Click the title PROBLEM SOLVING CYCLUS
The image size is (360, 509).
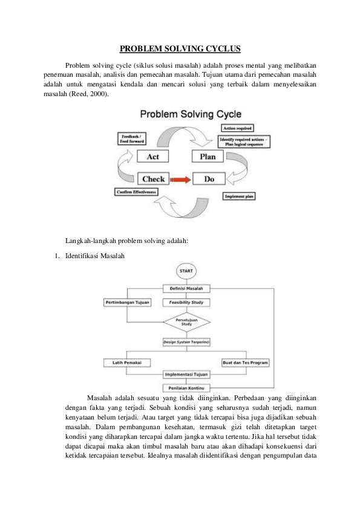[180, 48]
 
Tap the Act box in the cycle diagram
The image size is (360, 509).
[153, 156]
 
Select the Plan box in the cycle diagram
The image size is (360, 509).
[208, 156]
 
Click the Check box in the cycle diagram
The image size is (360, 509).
[153, 179]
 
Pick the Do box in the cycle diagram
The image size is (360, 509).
[209, 179]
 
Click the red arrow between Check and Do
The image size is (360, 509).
[180, 180]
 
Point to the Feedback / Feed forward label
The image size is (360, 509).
[131, 138]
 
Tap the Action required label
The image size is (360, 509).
[238, 128]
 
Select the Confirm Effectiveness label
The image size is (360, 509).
[136, 192]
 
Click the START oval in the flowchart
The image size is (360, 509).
[186, 271]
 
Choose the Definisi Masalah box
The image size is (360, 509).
[186, 289]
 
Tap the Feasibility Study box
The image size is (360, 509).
[186, 302]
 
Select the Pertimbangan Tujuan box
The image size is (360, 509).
[128, 302]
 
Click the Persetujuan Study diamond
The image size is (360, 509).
[186, 322]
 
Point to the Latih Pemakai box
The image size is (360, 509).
[123, 363]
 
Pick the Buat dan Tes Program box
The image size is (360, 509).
[245, 363]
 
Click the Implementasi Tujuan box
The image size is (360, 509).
[186, 374]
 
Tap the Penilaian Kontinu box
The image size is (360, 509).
[186, 387]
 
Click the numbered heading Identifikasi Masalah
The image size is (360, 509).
[95, 256]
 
